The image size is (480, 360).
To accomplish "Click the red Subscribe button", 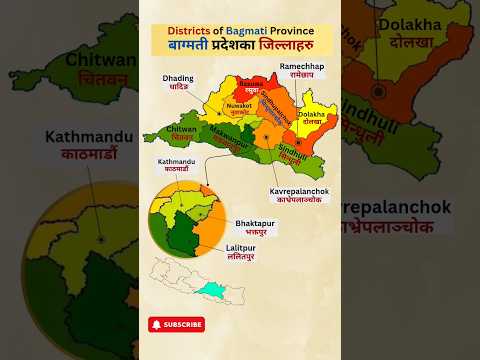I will pyautogui.click(x=176, y=324).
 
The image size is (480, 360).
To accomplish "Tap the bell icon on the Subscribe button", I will pyautogui.click(x=157, y=324).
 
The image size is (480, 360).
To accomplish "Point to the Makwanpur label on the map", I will pyautogui.click(x=231, y=132).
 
